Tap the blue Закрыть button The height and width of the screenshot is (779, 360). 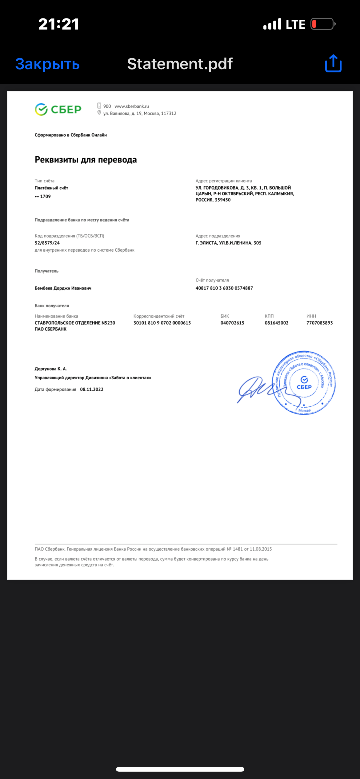[x=47, y=64]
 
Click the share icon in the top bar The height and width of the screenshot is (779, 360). [x=333, y=64]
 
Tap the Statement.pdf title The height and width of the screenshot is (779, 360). [x=180, y=64]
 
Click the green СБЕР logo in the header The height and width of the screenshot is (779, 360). [x=58, y=109]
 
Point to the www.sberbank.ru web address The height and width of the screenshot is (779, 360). [x=132, y=106]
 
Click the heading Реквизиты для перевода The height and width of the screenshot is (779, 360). [x=86, y=160]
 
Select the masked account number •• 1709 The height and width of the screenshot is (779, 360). [x=43, y=196]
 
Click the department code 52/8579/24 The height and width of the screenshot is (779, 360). [x=47, y=243]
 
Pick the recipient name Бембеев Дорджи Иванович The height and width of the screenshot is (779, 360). [x=63, y=288]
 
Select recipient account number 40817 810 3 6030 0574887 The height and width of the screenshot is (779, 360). [x=224, y=288]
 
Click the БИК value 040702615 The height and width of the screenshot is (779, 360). [x=232, y=323]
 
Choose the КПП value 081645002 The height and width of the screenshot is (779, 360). [x=276, y=323]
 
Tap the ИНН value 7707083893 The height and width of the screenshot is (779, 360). [x=319, y=323]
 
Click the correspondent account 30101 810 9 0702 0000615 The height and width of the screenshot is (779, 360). [x=162, y=323]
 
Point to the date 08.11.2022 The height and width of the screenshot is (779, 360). [x=92, y=389]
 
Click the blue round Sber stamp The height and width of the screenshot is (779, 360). [x=304, y=382]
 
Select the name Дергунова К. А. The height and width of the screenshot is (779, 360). [x=51, y=369]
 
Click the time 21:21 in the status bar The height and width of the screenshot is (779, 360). [x=58, y=24]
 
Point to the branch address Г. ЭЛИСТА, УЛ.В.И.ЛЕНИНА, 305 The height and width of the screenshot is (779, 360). [x=228, y=243]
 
